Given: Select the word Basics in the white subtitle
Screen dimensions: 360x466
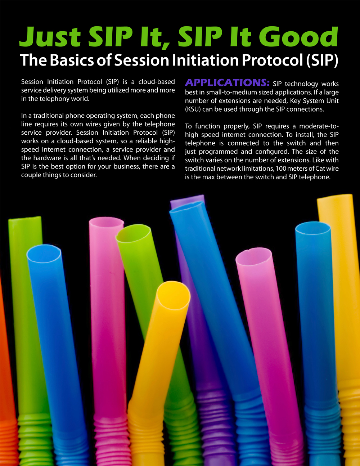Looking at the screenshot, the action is pos(72,60).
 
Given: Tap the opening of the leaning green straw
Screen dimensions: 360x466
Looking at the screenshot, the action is pos(133,234).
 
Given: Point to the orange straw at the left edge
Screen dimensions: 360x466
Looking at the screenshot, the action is pos(6,375).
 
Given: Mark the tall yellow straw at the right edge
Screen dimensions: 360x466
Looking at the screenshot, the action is pos(343,322).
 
